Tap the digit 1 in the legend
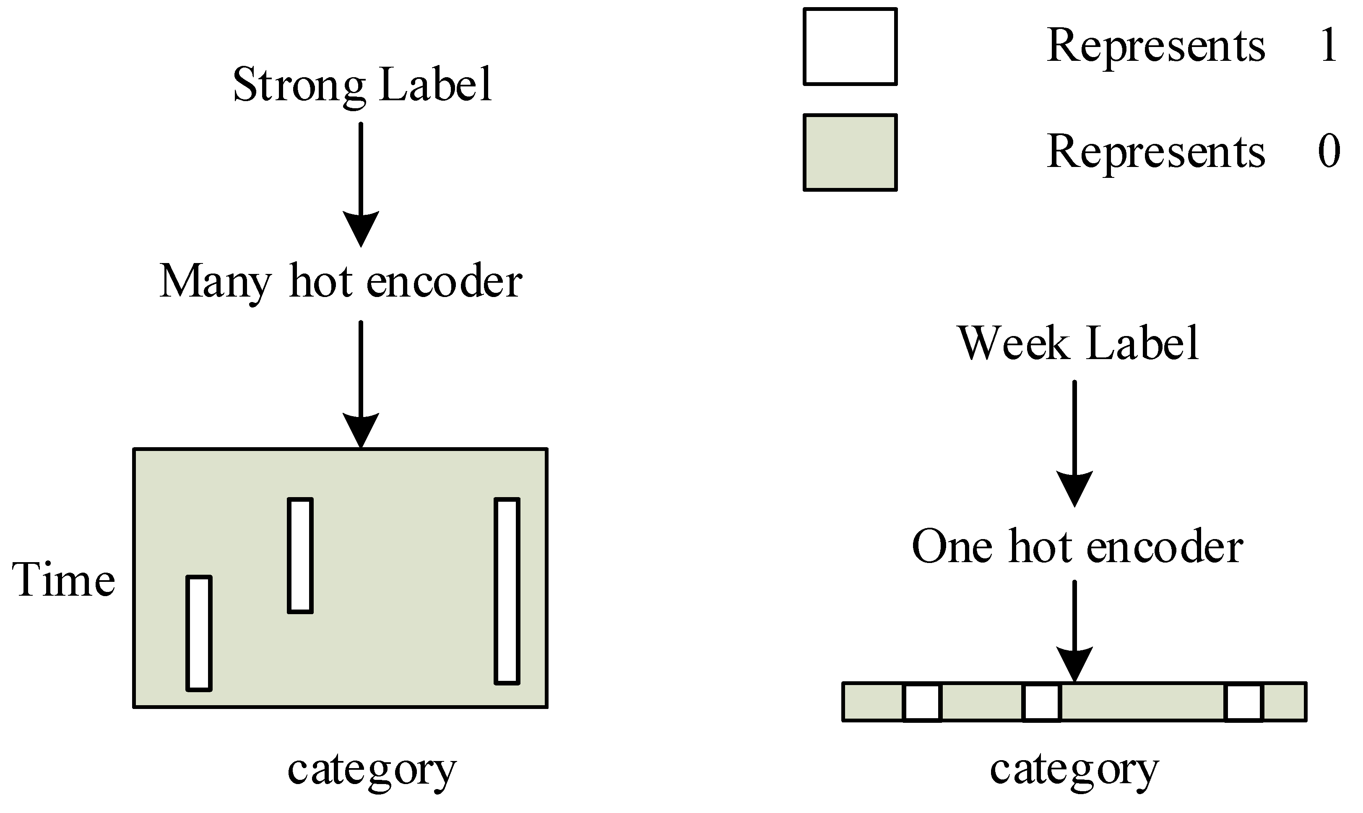tap(1329, 45)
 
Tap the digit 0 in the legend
tap(1329, 151)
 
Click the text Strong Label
tap(362, 85)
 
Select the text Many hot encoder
tap(341, 281)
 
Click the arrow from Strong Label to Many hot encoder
tap(361, 183)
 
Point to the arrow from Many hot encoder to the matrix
tap(361, 383)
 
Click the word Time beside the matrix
tap(63, 580)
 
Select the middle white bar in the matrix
tap(300, 555)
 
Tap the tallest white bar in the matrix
tap(507, 591)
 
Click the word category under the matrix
tap(372, 770)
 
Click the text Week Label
tap(1078, 344)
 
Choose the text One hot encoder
tap(1077, 546)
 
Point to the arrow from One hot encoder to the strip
tap(1074, 630)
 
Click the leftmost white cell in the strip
tap(922, 702)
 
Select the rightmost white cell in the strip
tap(1243, 702)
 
